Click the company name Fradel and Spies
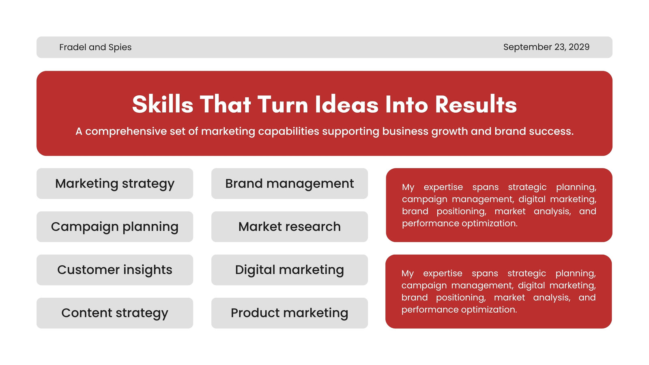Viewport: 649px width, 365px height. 95,47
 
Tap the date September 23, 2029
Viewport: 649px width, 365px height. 546,47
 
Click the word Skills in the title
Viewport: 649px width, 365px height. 163,104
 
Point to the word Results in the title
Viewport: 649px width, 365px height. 476,104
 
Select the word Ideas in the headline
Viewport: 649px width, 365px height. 346,104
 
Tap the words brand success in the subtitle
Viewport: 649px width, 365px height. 534,131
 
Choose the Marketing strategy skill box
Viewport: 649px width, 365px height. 115,183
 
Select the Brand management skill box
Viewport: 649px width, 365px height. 290,183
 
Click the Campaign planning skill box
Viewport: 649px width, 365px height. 115,227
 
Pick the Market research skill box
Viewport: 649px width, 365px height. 290,227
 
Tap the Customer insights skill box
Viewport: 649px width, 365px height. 115,270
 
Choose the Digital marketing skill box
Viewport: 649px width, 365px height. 290,270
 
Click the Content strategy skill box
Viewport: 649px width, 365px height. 115,313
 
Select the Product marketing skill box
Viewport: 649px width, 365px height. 290,313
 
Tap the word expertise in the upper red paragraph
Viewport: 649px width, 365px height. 443,187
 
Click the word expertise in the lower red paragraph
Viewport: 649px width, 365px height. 443,274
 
